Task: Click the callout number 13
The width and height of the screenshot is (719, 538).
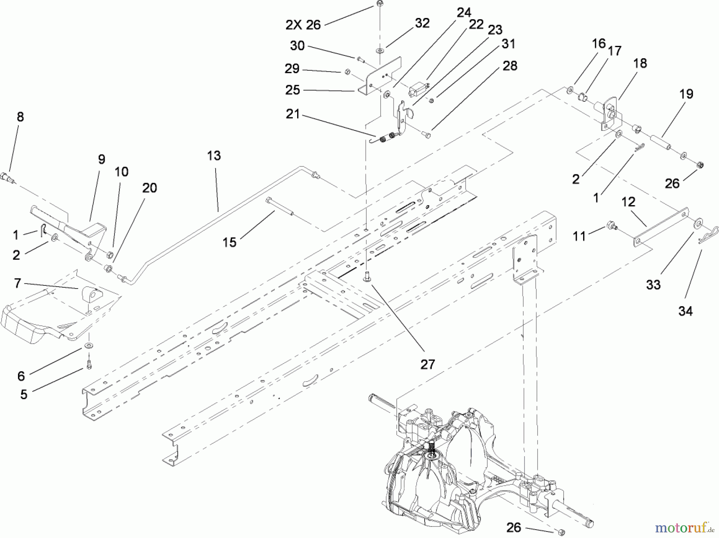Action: coord(214,156)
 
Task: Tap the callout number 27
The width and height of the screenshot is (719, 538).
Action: coord(427,364)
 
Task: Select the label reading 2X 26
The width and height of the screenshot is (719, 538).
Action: coord(303,25)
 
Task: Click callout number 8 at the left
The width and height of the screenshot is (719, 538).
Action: coord(20,117)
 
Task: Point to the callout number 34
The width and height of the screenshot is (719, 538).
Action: coord(685,311)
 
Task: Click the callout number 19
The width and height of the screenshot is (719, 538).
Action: coord(686,94)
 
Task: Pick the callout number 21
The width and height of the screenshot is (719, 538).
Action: coord(293,114)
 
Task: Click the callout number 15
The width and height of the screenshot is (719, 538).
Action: coord(229,242)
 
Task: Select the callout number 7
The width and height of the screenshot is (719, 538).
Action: coord(17,283)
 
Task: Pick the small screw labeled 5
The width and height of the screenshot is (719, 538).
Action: coord(89,364)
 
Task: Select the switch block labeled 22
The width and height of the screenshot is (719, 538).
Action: coord(418,88)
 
